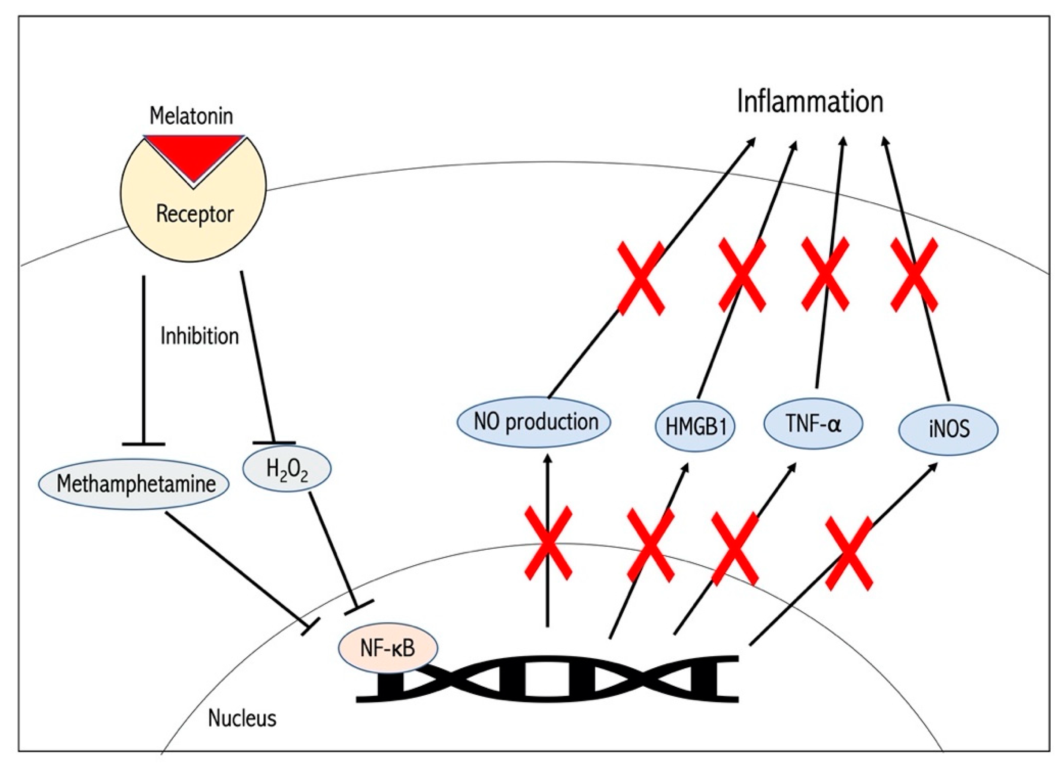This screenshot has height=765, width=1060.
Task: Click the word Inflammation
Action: [810, 102]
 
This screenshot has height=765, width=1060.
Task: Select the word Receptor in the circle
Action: [194, 215]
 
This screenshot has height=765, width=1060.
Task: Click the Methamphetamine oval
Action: [134, 484]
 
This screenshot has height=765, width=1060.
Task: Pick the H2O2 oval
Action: [287, 469]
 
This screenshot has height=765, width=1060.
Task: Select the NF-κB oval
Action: [388, 649]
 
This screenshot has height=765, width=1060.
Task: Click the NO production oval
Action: [534, 422]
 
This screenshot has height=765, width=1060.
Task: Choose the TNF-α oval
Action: [813, 424]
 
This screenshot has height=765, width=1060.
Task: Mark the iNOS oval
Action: [949, 428]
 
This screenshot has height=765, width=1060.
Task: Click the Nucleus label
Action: [242, 718]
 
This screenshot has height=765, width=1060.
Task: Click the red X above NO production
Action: [641, 279]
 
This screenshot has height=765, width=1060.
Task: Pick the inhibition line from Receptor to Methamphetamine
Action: [143, 360]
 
